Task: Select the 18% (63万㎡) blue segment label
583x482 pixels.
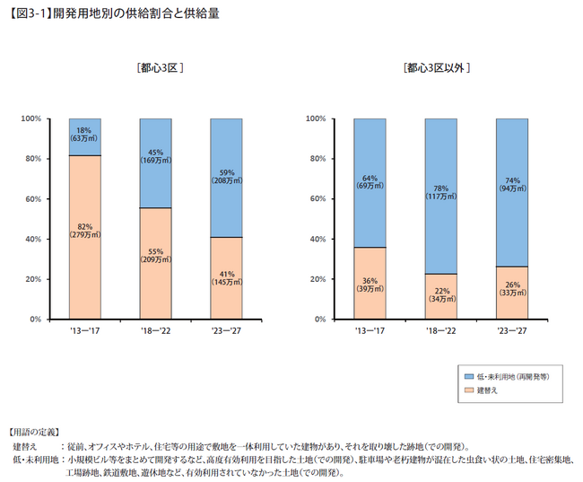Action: (x=84, y=135)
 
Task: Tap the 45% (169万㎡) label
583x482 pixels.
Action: (x=155, y=156)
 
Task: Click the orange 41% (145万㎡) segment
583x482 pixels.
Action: (x=226, y=278)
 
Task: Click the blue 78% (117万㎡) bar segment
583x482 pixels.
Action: (x=440, y=192)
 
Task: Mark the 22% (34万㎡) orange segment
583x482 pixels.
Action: (x=440, y=296)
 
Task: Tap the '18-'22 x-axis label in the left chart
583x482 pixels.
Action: (x=155, y=330)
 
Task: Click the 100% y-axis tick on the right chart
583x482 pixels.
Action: (x=315, y=118)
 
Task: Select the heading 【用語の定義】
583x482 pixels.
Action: (x=36, y=433)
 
